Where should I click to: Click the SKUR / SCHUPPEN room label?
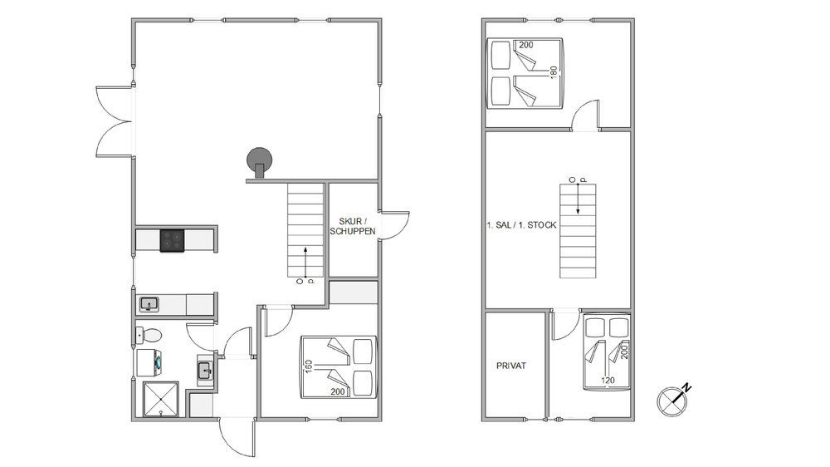353,226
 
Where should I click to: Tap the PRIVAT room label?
511,366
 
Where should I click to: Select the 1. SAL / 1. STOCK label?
521,225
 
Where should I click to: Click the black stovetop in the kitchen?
173,240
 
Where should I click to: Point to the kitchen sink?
149,305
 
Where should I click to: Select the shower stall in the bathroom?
160,399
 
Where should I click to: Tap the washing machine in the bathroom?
149,362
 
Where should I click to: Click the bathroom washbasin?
205,370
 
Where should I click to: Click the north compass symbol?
671,401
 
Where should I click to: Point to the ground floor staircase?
305,230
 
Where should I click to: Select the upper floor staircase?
578,231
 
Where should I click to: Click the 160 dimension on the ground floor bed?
309,366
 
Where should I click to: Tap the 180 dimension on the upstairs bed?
554,73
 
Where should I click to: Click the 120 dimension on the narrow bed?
608,380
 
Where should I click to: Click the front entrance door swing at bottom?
237,438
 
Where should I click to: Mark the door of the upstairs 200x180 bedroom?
585,115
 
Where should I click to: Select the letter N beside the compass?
686,388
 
